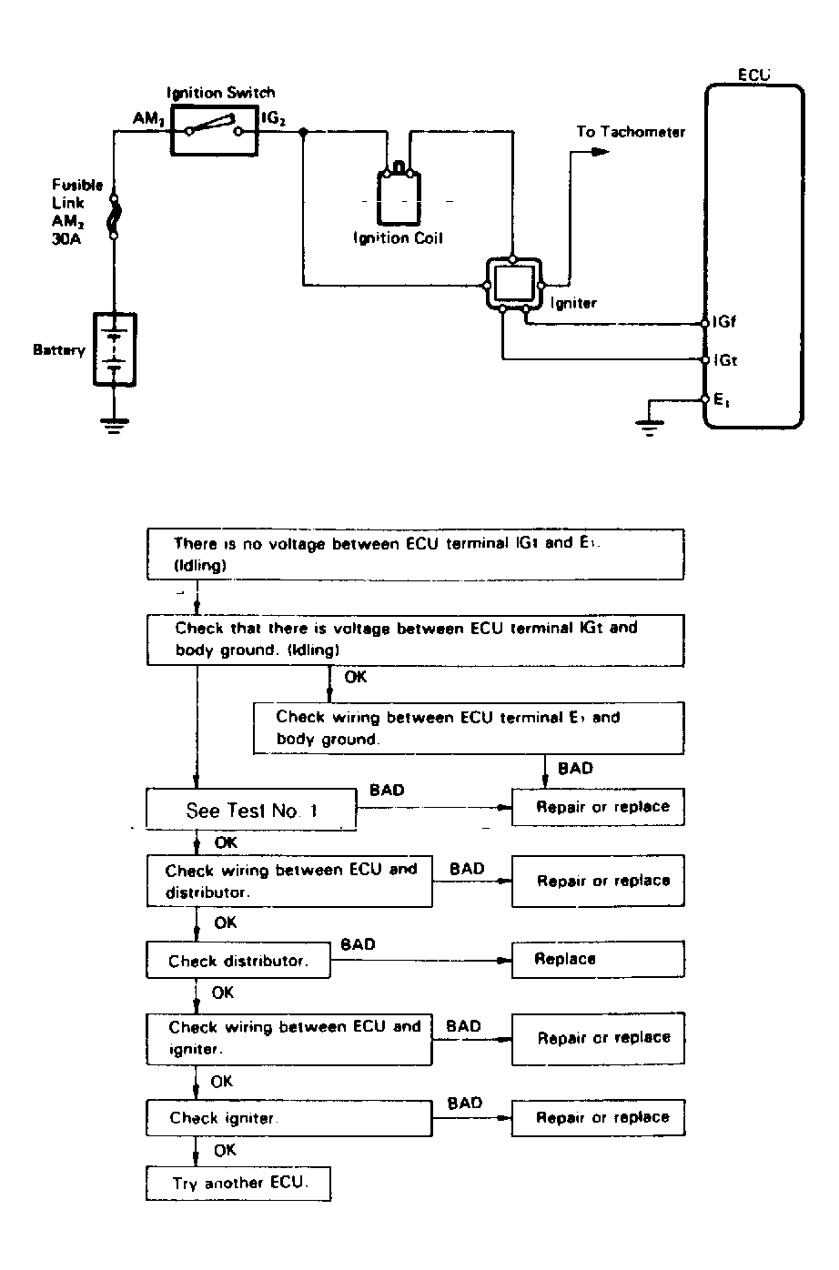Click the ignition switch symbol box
(x=215, y=131)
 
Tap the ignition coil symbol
(x=398, y=195)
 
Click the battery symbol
(x=115, y=350)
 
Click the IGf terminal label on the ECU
(x=724, y=322)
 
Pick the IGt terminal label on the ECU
(x=725, y=360)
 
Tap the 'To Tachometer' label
(x=631, y=132)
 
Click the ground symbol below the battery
(x=114, y=424)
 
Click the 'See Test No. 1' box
(x=252, y=810)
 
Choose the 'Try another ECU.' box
(x=238, y=1184)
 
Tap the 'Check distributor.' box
(x=238, y=961)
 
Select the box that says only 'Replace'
(x=597, y=959)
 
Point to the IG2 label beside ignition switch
(x=278, y=118)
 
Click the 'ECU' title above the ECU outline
(x=754, y=76)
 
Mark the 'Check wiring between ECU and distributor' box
(x=289, y=881)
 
